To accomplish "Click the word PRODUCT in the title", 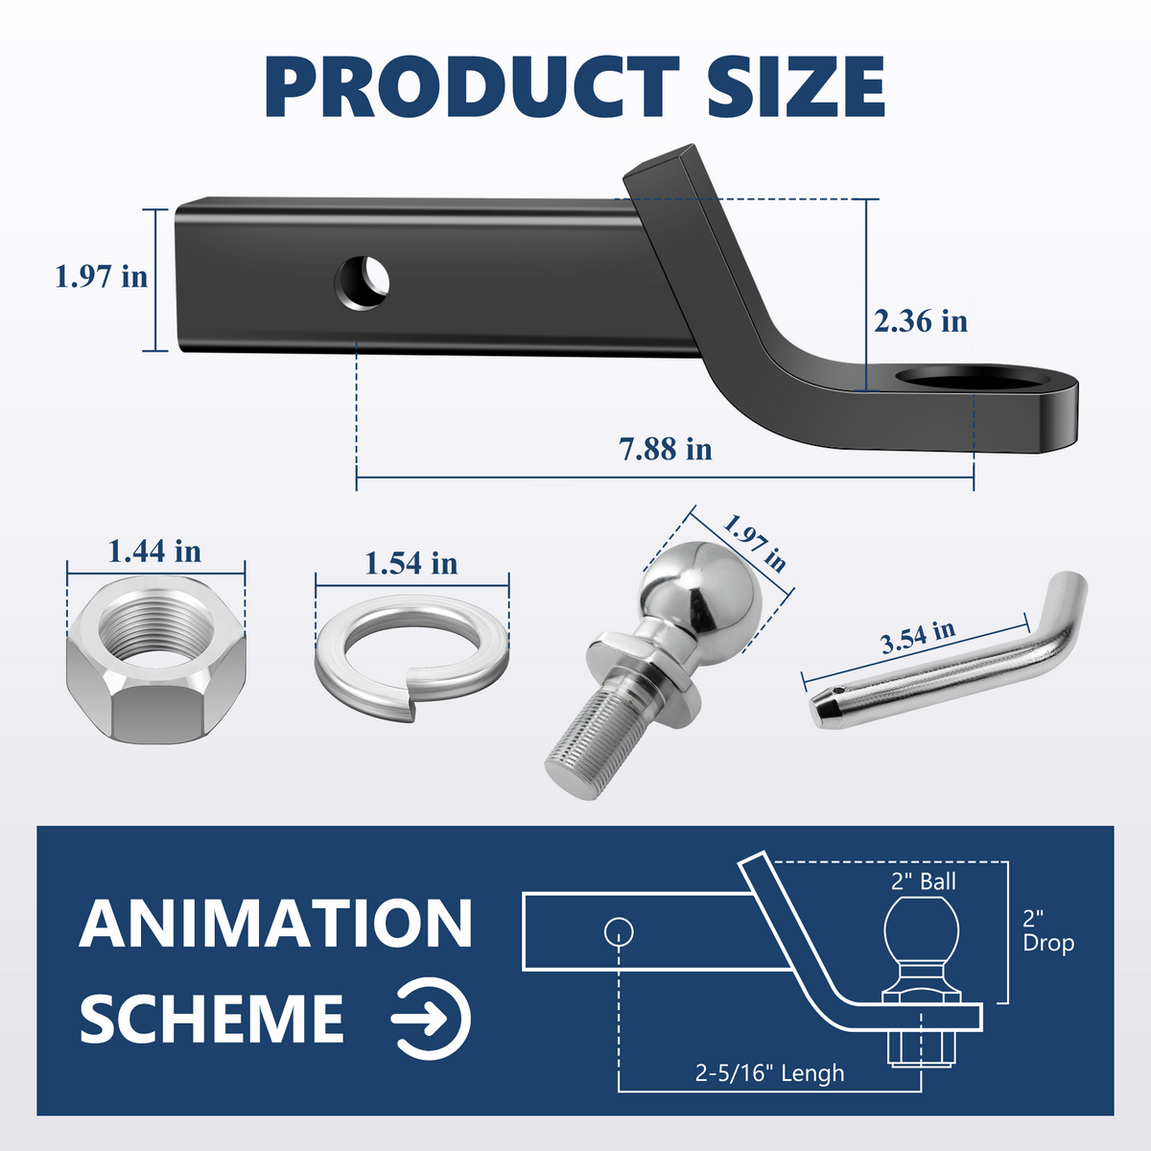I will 471,86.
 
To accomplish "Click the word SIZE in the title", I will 795,86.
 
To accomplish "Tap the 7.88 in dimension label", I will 666,448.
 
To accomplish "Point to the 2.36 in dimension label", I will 920,320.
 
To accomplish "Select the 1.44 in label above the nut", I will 154,552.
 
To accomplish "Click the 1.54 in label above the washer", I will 411,563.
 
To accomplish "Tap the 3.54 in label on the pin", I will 918,637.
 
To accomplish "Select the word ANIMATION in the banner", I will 276,924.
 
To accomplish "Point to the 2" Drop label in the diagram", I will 1047,931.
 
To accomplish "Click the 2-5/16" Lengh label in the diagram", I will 769,1072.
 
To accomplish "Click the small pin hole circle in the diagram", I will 620,929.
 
